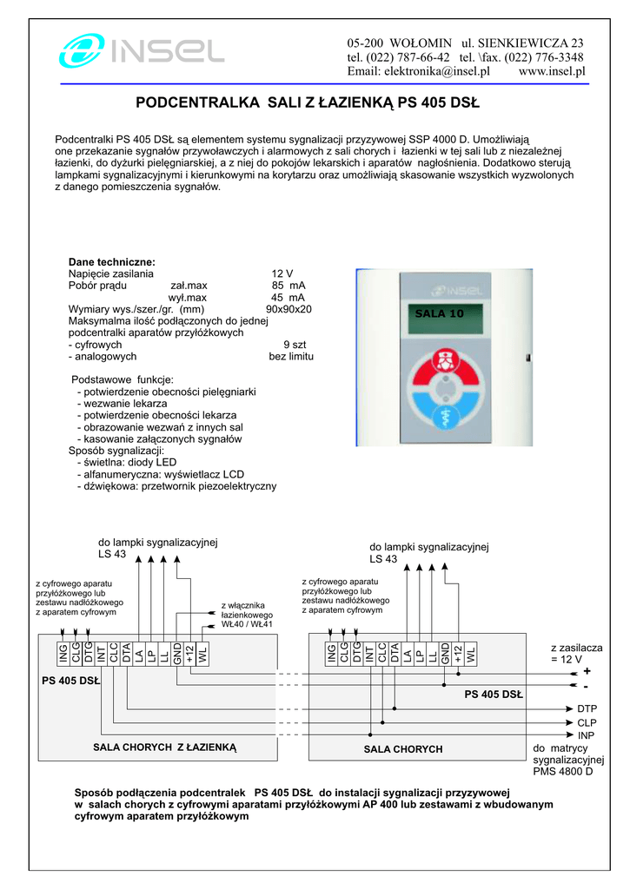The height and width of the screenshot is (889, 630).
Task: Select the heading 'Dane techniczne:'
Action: click(112, 262)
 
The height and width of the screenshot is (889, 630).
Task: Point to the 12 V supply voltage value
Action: click(282, 273)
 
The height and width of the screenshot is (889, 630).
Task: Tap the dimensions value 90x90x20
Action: click(288, 309)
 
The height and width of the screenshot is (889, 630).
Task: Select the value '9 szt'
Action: click(295, 345)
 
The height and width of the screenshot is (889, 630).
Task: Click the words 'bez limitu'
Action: click(291, 357)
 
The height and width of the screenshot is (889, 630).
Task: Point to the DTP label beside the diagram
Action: click(587, 708)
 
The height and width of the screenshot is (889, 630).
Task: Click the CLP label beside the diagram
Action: click(587, 722)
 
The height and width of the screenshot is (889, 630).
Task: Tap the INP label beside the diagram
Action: click(587, 735)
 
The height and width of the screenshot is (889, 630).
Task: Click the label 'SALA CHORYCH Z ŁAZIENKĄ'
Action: click(164, 747)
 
